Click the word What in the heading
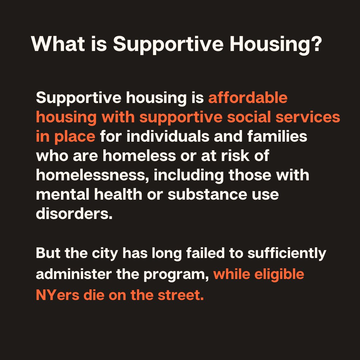pyautogui.click(x=57, y=44)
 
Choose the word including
pyautogui.click(x=188, y=175)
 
